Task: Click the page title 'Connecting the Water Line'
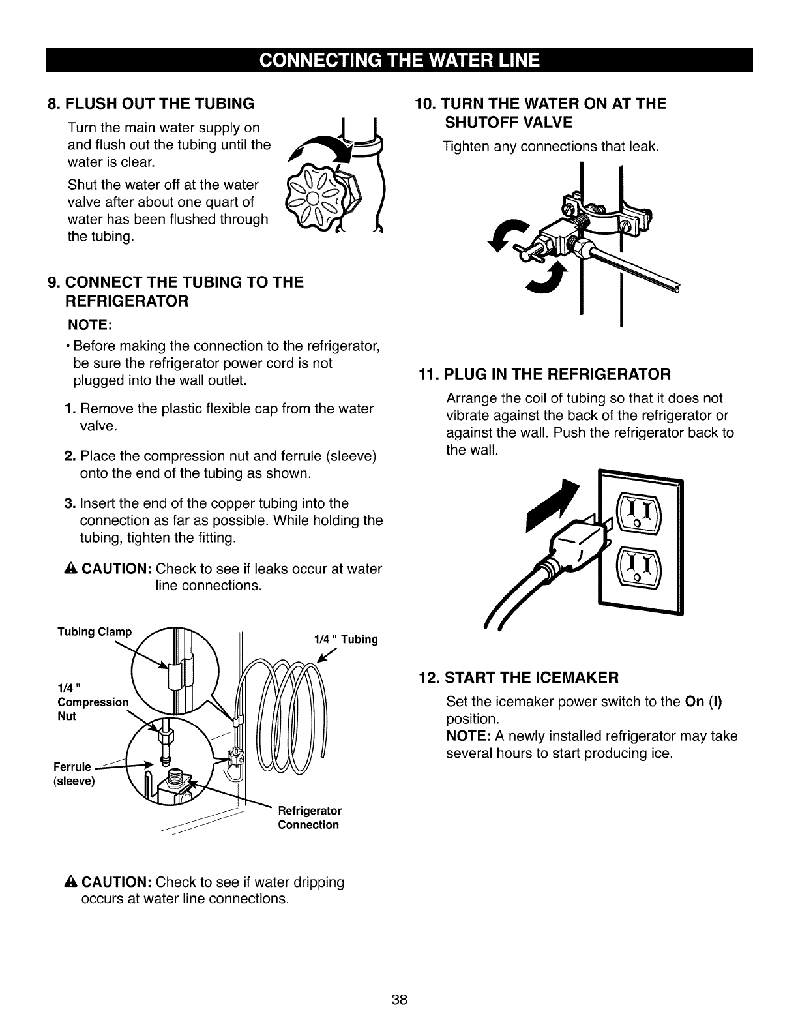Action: pos(399,60)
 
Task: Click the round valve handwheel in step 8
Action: pos(312,197)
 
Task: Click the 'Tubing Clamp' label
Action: pos(95,631)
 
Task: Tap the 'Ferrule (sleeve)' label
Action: pos(74,773)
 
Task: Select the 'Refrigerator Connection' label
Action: pos(309,818)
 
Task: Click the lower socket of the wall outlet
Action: pos(638,565)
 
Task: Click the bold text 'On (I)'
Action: pos(703,702)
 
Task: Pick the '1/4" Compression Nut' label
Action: pos(92,702)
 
